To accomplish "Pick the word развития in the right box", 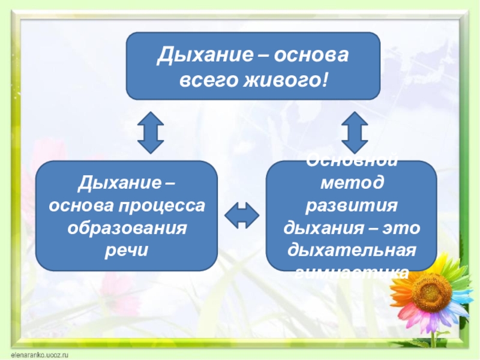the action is click(352, 206).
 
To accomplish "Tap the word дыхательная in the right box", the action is click(352, 250).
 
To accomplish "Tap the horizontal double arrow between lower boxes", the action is click(242, 215).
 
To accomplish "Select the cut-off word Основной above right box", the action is click(352, 161).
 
